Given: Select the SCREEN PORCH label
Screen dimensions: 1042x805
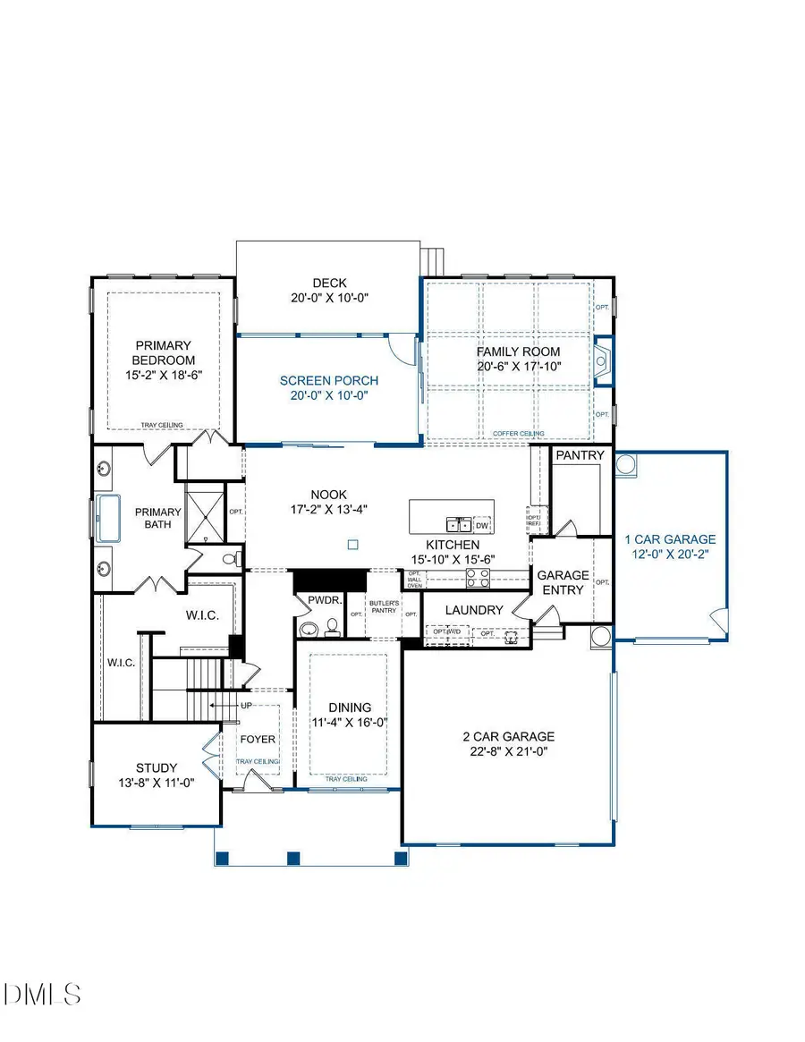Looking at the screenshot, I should tap(328, 379).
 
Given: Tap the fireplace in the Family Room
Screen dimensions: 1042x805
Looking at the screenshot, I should tap(602, 360).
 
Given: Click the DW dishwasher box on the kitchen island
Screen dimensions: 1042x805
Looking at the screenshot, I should tap(482, 525).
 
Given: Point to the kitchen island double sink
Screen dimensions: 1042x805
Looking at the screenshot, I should tap(459, 525).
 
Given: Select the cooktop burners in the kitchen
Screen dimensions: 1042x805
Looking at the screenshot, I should tap(478, 579).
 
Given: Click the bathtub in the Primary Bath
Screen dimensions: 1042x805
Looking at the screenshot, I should tap(109, 518).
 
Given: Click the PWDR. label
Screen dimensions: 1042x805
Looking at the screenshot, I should tap(325, 601).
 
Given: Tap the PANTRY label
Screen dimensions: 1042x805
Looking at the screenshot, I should tap(580, 455).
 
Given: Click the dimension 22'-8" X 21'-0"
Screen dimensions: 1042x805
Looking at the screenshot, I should tap(508, 752).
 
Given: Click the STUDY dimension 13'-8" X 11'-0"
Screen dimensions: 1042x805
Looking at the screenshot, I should tap(157, 783).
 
